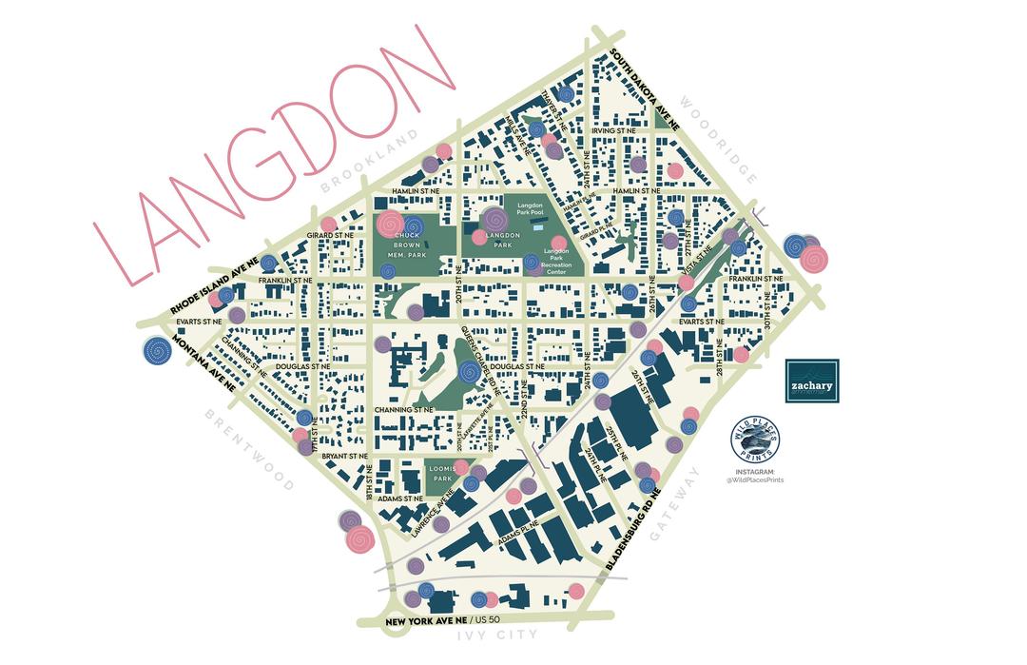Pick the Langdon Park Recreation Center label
pos(555,257)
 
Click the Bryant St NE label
pos(344,456)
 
